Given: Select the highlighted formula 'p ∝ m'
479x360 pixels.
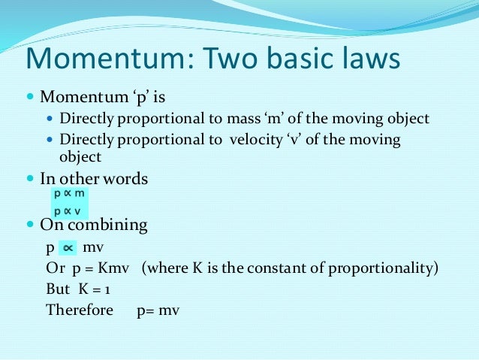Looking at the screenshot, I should click(x=70, y=193).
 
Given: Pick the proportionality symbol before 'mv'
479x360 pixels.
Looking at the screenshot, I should click(x=68, y=247).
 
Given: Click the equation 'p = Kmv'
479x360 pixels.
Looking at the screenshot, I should click(x=103, y=268).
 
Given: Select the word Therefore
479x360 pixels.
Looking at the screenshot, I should click(x=79, y=310).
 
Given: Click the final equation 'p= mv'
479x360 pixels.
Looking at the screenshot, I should click(x=158, y=310).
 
